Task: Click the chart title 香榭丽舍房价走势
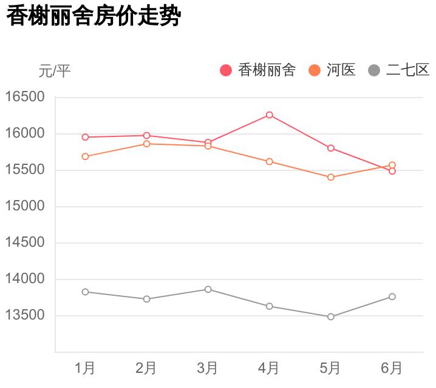point(94,16)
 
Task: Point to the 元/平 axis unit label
point(55,72)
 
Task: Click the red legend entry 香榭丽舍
point(258,70)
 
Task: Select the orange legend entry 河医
point(332,70)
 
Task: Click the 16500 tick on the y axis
point(25,97)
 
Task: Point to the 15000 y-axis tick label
point(25,206)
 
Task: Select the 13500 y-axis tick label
point(25,315)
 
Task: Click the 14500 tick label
point(25,242)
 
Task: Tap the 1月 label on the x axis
point(85,368)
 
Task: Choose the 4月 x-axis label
point(269,368)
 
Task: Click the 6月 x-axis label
point(392,368)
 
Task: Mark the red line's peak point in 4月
point(269,115)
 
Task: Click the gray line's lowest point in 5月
point(331,316)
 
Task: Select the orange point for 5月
point(331,177)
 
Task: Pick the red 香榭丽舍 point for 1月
point(85,137)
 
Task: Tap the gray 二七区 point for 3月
point(208,289)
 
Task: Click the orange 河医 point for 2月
point(146,144)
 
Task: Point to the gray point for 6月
point(392,296)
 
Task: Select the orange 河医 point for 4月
point(269,161)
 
